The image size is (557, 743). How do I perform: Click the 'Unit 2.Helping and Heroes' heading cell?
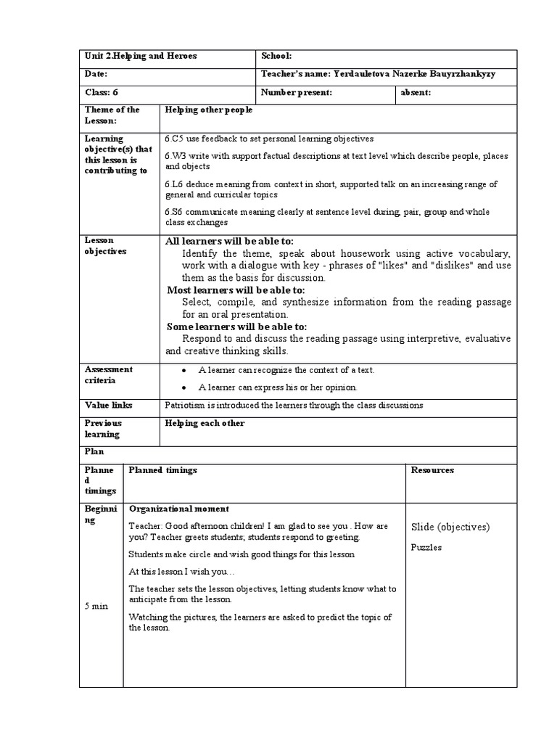pyautogui.click(x=141, y=56)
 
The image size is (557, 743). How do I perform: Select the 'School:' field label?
pyautogui.click(x=276, y=56)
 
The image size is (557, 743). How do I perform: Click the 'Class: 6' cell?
pyautogui.click(x=101, y=92)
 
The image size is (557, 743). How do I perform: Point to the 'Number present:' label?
pyautogui.click(x=296, y=92)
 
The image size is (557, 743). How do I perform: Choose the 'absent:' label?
pyautogui.click(x=416, y=92)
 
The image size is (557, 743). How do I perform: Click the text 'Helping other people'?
pyautogui.click(x=209, y=110)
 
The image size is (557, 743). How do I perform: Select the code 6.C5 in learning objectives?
pyautogui.click(x=176, y=139)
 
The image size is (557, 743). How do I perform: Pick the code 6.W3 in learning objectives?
pyautogui.click(x=177, y=156)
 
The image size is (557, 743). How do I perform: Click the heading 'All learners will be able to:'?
pyautogui.click(x=230, y=241)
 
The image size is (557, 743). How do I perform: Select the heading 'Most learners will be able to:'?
pyautogui.click(x=236, y=290)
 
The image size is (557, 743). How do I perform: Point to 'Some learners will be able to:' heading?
pyautogui.click(x=236, y=327)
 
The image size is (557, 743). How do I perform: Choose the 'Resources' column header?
pyautogui.click(x=432, y=470)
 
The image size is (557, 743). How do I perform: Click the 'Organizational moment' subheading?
pyautogui.click(x=178, y=509)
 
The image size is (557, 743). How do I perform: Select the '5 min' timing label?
pyautogui.click(x=96, y=607)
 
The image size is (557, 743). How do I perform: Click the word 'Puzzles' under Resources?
pyautogui.click(x=426, y=548)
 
